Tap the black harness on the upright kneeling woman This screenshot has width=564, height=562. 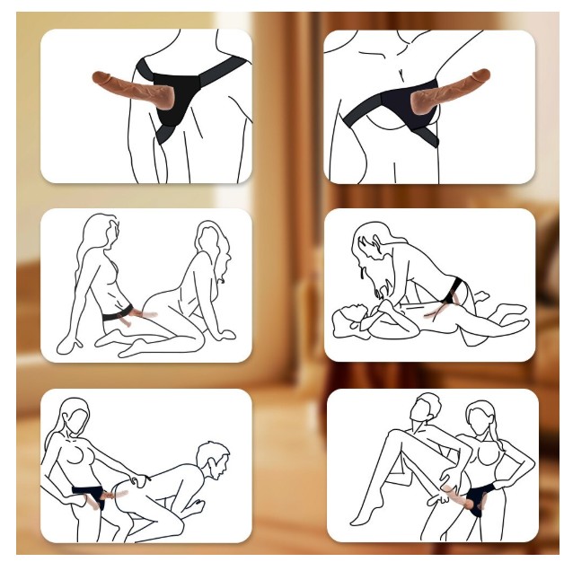[x=114, y=315]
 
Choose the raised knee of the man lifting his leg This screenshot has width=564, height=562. [x=381, y=441]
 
